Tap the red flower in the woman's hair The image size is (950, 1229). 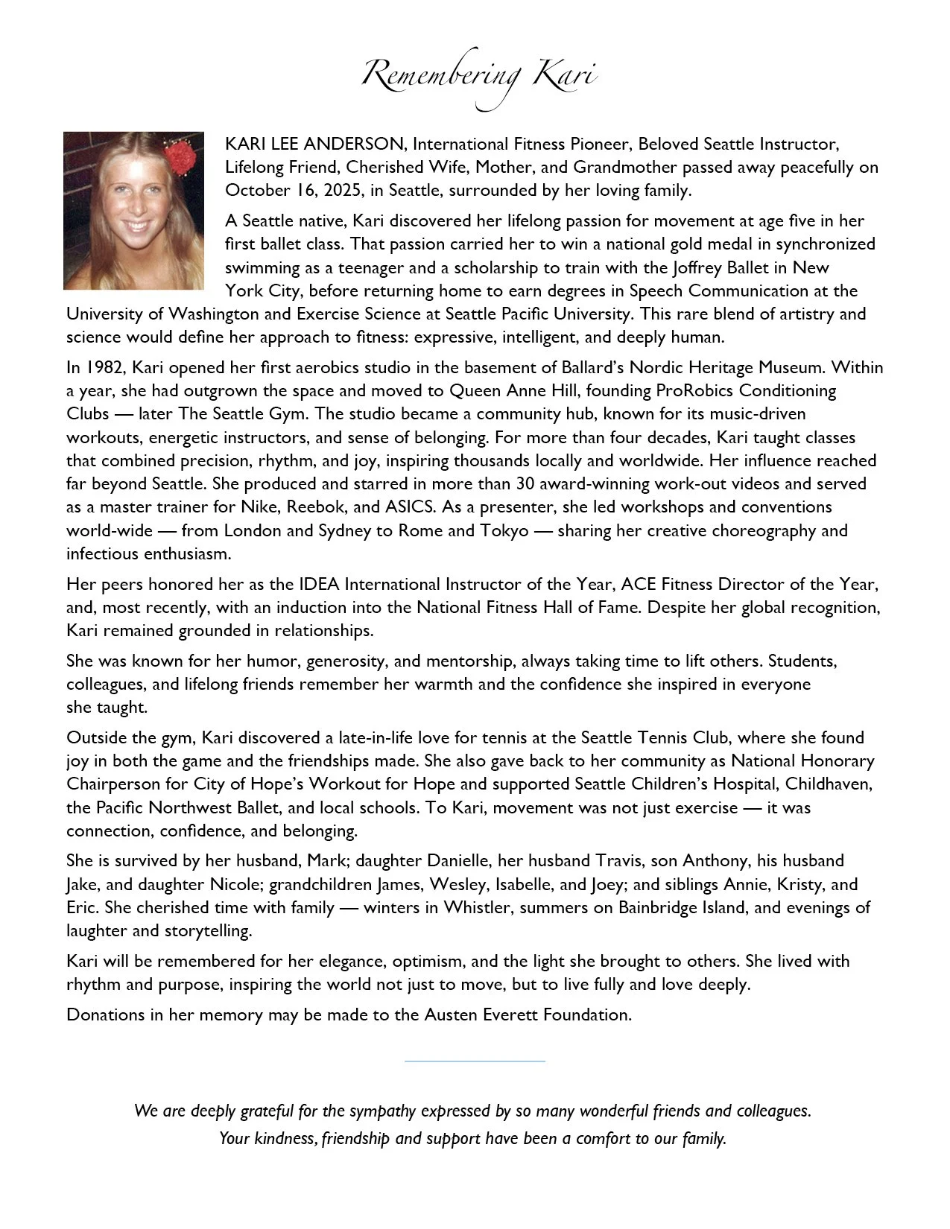click(180, 157)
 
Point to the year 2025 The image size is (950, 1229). click(343, 190)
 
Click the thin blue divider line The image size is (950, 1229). click(475, 1061)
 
